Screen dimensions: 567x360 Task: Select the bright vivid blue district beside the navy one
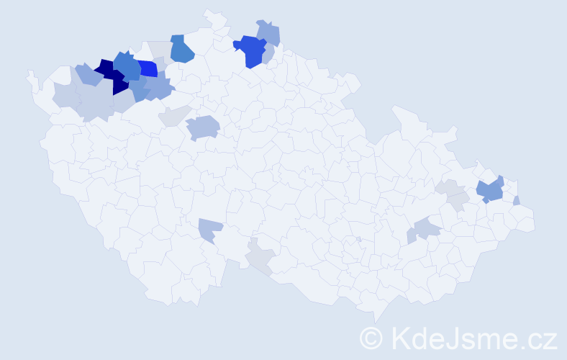pos(148,69)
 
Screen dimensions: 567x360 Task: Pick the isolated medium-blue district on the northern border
pos(182,50)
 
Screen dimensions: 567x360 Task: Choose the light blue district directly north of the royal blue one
pos(269,32)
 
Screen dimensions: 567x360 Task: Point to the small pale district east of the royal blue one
pos(268,55)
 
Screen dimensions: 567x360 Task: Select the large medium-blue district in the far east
pos(490,192)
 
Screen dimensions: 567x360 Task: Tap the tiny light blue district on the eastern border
pos(517,201)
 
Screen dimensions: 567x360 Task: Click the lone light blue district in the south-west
pos(210,230)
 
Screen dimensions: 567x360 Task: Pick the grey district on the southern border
pos(260,258)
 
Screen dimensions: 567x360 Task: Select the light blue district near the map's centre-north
pos(203,127)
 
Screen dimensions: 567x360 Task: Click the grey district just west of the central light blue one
pos(176,115)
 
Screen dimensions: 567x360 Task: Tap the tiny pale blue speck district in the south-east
pos(358,240)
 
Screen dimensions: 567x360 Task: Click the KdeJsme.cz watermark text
pos(473,337)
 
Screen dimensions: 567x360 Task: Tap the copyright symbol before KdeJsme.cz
pos(371,338)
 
